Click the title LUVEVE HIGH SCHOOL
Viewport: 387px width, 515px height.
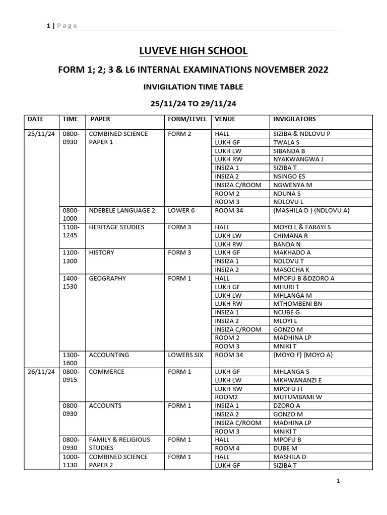pyautogui.click(x=193, y=51)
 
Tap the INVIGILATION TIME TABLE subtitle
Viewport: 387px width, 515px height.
pyautogui.click(x=193, y=87)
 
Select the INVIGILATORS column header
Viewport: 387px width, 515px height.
pyautogui.click(x=294, y=119)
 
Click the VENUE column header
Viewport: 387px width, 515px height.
pyautogui.click(x=225, y=119)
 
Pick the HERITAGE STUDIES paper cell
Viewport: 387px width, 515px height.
pyautogui.click(x=116, y=227)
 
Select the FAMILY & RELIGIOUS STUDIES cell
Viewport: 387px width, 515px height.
pyautogui.click(x=119, y=444)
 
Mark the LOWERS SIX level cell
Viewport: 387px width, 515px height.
pyautogui.click(x=185, y=355)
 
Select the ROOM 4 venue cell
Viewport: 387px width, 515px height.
pyautogui.click(x=224, y=448)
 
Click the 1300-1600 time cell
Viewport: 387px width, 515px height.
pyautogui.click(x=71, y=359)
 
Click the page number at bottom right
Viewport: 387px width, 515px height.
pyautogui.click(x=339, y=481)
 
